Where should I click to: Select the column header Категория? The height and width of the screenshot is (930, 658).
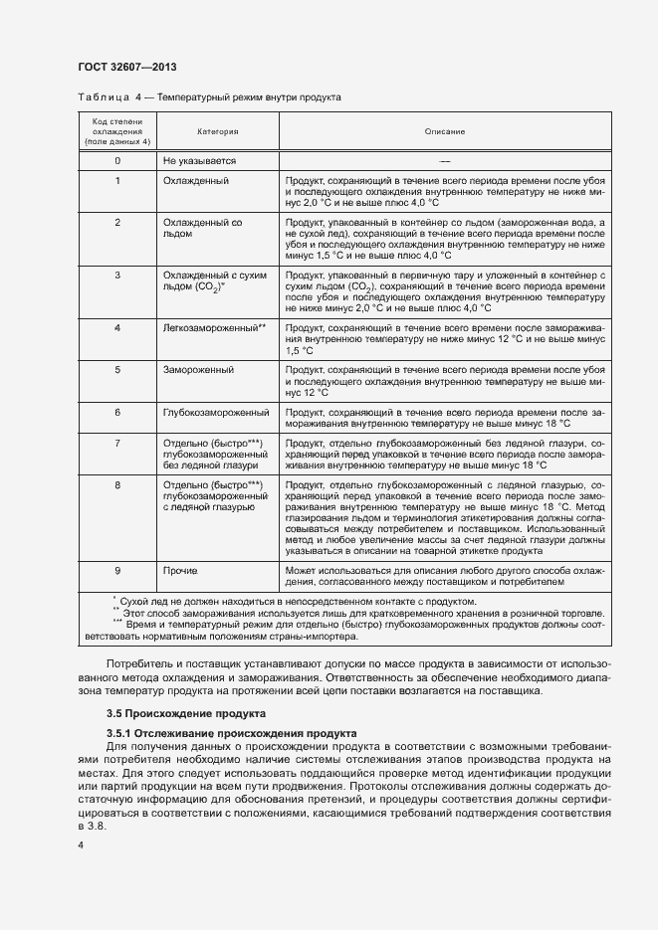pyautogui.click(x=217, y=131)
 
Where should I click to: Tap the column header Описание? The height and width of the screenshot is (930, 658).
pyautogui.click(x=444, y=131)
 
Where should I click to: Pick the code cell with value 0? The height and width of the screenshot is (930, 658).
pyautogui.click(x=117, y=160)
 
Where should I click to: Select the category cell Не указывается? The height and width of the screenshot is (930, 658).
pyautogui.click(x=199, y=160)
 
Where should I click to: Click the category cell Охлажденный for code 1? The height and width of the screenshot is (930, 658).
pyautogui.click(x=196, y=181)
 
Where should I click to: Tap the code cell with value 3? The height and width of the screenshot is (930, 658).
pyautogui.click(x=117, y=275)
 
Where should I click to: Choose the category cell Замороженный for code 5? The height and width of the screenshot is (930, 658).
pyautogui.click(x=198, y=370)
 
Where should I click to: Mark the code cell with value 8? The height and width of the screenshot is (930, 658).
pyautogui.click(x=117, y=484)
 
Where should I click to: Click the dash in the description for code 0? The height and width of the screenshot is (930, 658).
pyautogui.click(x=444, y=160)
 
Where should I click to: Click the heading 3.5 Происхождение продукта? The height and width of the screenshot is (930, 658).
pyautogui.click(x=185, y=714)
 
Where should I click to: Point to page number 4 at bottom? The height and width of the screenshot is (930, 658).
pyautogui.click(x=81, y=844)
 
